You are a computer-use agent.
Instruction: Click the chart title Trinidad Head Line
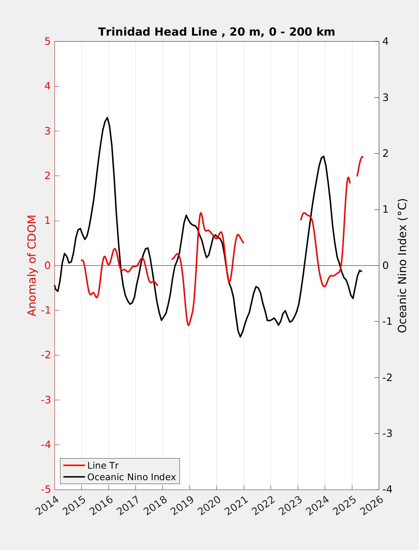click(x=216, y=32)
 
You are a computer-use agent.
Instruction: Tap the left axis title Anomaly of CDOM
click(x=32, y=265)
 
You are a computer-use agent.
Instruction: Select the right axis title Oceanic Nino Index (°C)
click(x=402, y=265)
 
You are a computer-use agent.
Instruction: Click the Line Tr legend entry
click(x=103, y=465)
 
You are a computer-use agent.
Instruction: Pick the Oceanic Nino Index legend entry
click(x=131, y=477)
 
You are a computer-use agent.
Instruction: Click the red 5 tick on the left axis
click(x=47, y=42)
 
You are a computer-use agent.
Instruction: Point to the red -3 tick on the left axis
click(x=46, y=400)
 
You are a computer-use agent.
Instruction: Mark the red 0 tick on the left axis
click(x=47, y=265)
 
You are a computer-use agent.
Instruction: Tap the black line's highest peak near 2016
click(x=107, y=118)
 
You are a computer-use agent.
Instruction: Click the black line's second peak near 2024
click(x=324, y=156)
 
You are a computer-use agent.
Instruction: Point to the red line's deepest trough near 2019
click(x=189, y=325)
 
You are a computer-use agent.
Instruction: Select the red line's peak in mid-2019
click(x=201, y=213)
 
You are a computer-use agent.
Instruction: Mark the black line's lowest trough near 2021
click(x=241, y=337)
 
